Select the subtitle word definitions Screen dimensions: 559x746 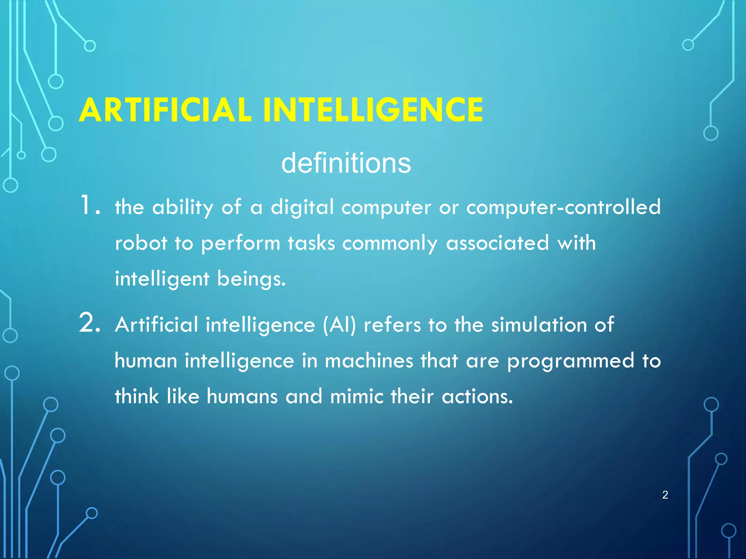pyautogui.click(x=346, y=163)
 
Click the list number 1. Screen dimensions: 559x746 pyautogui.click(x=89, y=206)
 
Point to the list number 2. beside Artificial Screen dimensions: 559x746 pyautogui.click(x=89, y=323)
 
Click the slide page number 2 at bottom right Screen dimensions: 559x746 pyautogui.click(x=665, y=495)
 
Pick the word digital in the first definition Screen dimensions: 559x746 pyautogui.click(x=302, y=207)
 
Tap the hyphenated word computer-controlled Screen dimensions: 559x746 pyautogui.click(x=563, y=207)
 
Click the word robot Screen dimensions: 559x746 pyautogui.click(x=141, y=243)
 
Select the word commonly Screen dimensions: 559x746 pyautogui.click(x=389, y=243)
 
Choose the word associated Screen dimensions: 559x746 pyautogui.click(x=497, y=243)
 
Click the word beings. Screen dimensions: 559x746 pyautogui.click(x=251, y=279)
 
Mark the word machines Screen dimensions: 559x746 pyautogui.click(x=369, y=360)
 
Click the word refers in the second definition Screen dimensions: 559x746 pyautogui.click(x=392, y=324)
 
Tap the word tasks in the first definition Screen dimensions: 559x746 pyautogui.click(x=311, y=243)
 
